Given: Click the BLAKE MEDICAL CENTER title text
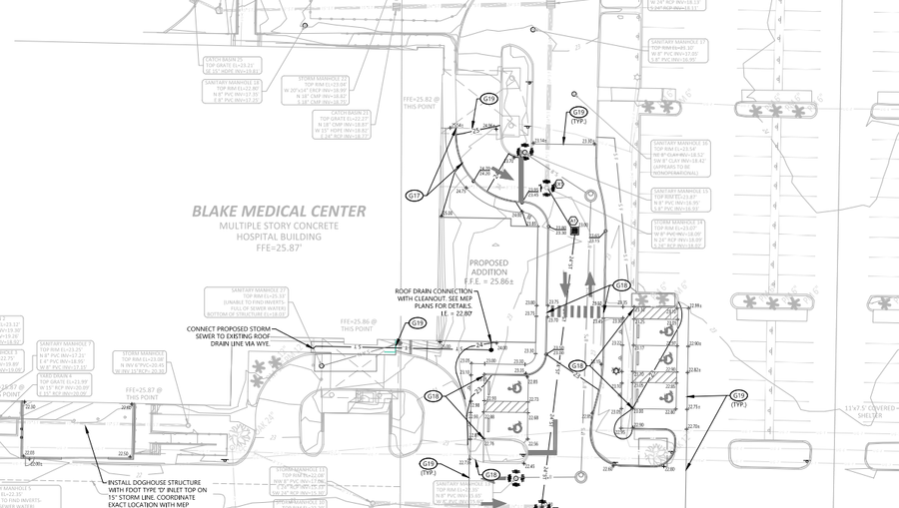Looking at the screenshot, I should [x=279, y=212].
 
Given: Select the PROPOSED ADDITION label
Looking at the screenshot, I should [x=489, y=267].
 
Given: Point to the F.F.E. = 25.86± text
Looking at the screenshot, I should [x=491, y=282].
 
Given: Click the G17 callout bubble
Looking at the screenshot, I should [x=415, y=196].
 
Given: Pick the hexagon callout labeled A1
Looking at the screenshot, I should [x=573, y=221].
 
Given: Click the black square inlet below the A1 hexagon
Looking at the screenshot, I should [x=574, y=232].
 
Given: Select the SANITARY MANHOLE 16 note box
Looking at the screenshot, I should [x=679, y=158].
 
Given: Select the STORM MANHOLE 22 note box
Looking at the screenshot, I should [x=316, y=90].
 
